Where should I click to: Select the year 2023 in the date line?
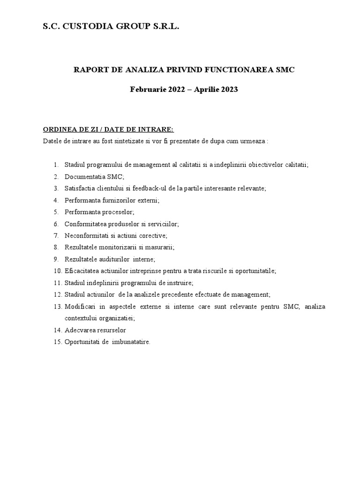click(228, 90)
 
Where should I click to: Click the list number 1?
click(56, 165)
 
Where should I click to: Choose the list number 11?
click(57, 283)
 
